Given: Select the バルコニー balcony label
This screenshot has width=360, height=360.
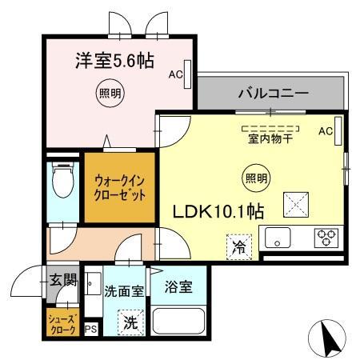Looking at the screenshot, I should click(272, 94).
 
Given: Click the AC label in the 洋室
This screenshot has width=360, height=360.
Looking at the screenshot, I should click(175, 74).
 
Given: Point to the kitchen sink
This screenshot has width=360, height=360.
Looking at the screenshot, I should click(278, 238).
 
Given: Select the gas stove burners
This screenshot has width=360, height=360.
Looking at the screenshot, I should click(326, 238).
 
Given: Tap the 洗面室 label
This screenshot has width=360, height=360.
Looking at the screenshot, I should click(124, 291).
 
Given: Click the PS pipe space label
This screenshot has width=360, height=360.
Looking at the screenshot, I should click(90, 329).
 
